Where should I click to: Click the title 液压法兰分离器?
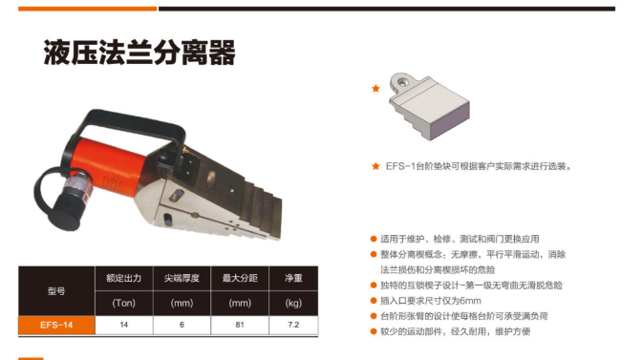pyautogui.click(x=139, y=53)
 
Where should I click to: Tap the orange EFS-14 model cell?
pyautogui.click(x=56, y=326)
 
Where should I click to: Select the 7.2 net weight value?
pyautogui.click(x=293, y=325)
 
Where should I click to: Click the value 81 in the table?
pyautogui.click(x=240, y=325)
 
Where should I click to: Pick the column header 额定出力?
pyautogui.click(x=123, y=278)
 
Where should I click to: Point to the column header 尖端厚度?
pyautogui.click(x=182, y=278)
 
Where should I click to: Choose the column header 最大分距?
pyautogui.click(x=240, y=278)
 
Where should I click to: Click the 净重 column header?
pyautogui.click(x=293, y=278)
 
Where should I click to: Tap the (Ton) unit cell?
pyautogui.click(x=123, y=303)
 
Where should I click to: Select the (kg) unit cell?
pyautogui.click(x=293, y=303)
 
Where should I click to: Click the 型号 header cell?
pyautogui.click(x=56, y=291)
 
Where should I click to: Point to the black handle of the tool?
pyautogui.click(x=131, y=124)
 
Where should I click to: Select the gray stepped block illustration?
pyautogui.click(x=429, y=106)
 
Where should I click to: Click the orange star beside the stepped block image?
pyautogui.click(x=375, y=89)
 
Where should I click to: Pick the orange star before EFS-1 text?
pyautogui.click(x=375, y=166)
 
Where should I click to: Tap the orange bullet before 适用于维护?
pyautogui.click(x=374, y=239)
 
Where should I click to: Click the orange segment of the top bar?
pyautogui.click(x=88, y=9)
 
